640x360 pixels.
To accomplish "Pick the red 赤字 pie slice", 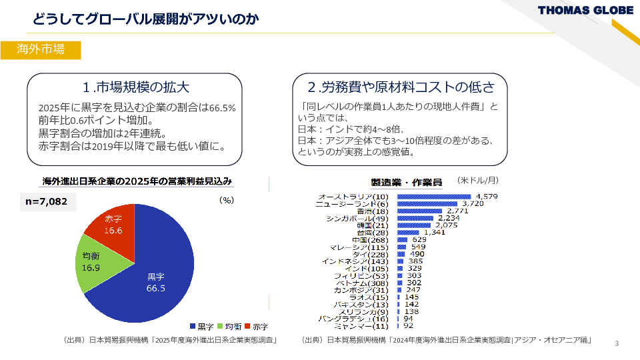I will pyautogui.click(x=115, y=224).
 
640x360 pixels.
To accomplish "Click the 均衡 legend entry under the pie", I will pyautogui.click(x=229, y=327).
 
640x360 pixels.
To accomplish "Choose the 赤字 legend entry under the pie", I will pyautogui.click(x=256, y=327).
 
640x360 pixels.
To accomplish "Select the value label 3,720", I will pyautogui.click(x=472, y=203).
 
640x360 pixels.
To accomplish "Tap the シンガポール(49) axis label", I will pyautogui.click(x=357, y=218).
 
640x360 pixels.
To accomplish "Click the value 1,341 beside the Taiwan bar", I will pyautogui.click(x=435, y=232).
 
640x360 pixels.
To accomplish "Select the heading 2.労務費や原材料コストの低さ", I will pyautogui.click(x=401, y=87).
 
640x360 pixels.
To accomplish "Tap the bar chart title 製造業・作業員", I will pyautogui.click(x=406, y=182).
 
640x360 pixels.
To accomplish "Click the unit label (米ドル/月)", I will pyautogui.click(x=478, y=180).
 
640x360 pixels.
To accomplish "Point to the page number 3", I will pyautogui.click(x=617, y=343).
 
